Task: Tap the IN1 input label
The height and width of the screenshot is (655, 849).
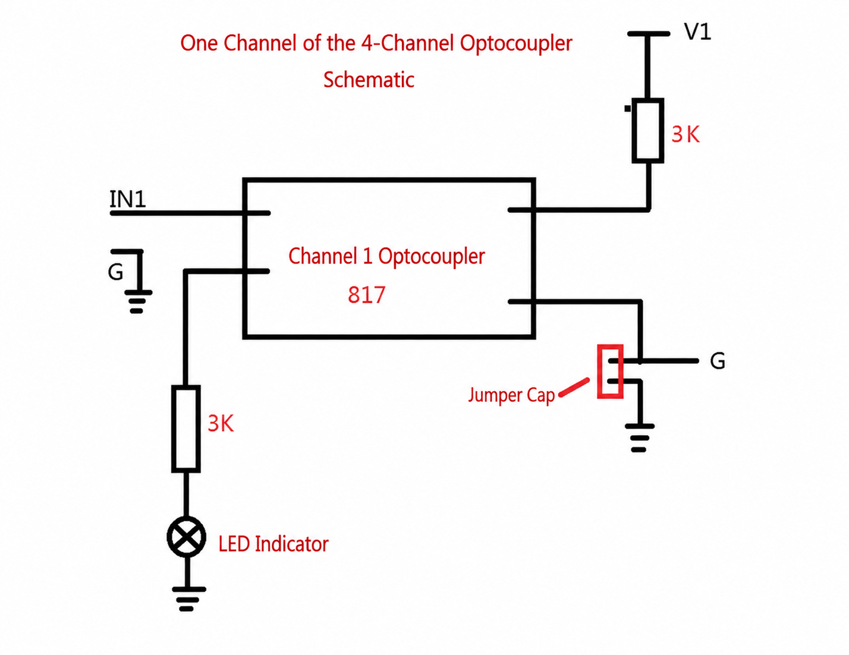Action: tap(127, 199)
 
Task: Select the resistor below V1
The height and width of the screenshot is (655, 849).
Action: tap(648, 130)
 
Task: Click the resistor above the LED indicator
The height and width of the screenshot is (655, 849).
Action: tap(186, 429)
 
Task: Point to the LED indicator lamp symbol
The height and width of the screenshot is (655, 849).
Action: tap(186, 537)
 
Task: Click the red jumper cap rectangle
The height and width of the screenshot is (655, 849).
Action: tap(610, 371)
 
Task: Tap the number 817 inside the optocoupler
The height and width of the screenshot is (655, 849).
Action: tap(366, 295)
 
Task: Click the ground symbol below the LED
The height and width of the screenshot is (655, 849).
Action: tap(188, 599)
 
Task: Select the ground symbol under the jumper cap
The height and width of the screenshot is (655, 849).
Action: tap(639, 438)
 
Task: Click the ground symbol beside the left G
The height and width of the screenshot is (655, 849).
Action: tap(138, 301)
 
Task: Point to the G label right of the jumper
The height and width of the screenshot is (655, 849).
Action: tap(718, 361)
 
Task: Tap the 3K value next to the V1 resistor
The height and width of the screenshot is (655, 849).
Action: tap(686, 134)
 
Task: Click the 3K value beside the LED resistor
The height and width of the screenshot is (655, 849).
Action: tap(221, 423)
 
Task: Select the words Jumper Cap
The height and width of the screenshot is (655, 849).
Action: tap(511, 395)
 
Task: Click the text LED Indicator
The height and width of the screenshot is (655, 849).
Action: tap(273, 544)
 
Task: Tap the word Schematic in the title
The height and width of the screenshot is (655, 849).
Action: tap(369, 80)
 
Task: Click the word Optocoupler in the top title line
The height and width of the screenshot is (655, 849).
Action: tap(515, 43)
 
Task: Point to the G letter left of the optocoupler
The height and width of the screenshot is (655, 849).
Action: tap(115, 272)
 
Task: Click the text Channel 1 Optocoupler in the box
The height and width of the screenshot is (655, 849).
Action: tap(386, 257)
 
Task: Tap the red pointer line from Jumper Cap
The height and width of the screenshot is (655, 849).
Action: tap(574, 387)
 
